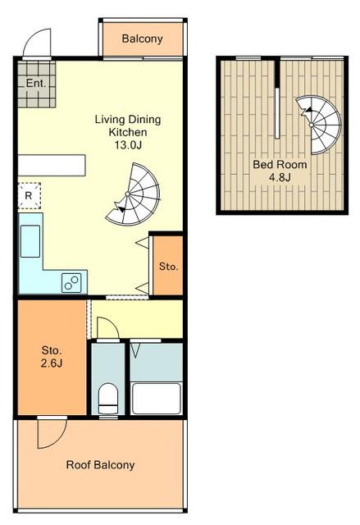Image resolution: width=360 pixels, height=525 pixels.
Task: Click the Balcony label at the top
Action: [142, 39]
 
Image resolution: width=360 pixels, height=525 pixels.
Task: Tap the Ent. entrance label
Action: [36, 83]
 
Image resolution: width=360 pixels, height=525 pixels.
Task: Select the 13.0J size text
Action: [128, 145]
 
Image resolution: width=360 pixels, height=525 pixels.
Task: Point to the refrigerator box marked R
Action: [29, 196]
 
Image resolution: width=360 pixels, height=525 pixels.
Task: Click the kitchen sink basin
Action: [30, 241]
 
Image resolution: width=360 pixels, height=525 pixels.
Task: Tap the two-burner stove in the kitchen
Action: [71, 282]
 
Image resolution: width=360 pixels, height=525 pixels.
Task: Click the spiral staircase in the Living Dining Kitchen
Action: [134, 194]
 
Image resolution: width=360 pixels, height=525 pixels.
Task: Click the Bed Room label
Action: [280, 164]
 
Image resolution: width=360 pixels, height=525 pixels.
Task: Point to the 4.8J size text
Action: [280, 177]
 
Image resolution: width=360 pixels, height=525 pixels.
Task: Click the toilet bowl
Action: [108, 399]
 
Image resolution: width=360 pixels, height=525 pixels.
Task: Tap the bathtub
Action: [157, 399]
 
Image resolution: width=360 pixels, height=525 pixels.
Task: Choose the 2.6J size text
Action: [52, 363]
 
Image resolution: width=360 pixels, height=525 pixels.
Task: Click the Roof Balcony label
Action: [100, 465]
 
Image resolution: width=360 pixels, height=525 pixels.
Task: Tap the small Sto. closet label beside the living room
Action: [168, 267]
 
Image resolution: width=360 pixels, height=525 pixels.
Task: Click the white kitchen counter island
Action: [52, 166]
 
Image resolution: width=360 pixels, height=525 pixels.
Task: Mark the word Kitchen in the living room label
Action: [128, 132]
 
